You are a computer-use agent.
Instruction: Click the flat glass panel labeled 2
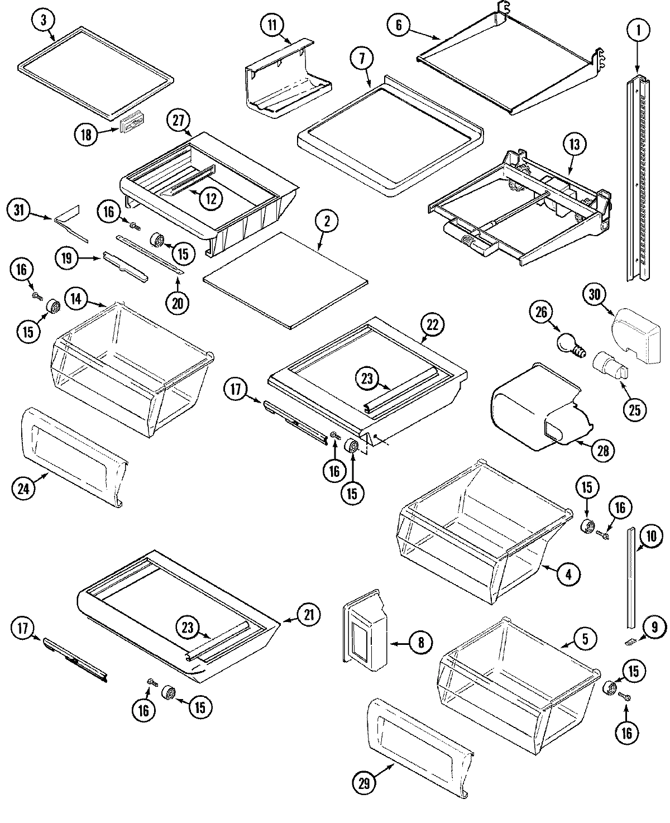[x=286, y=280]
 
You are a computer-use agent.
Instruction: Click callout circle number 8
[x=420, y=643]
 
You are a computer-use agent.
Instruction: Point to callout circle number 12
[x=210, y=198]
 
